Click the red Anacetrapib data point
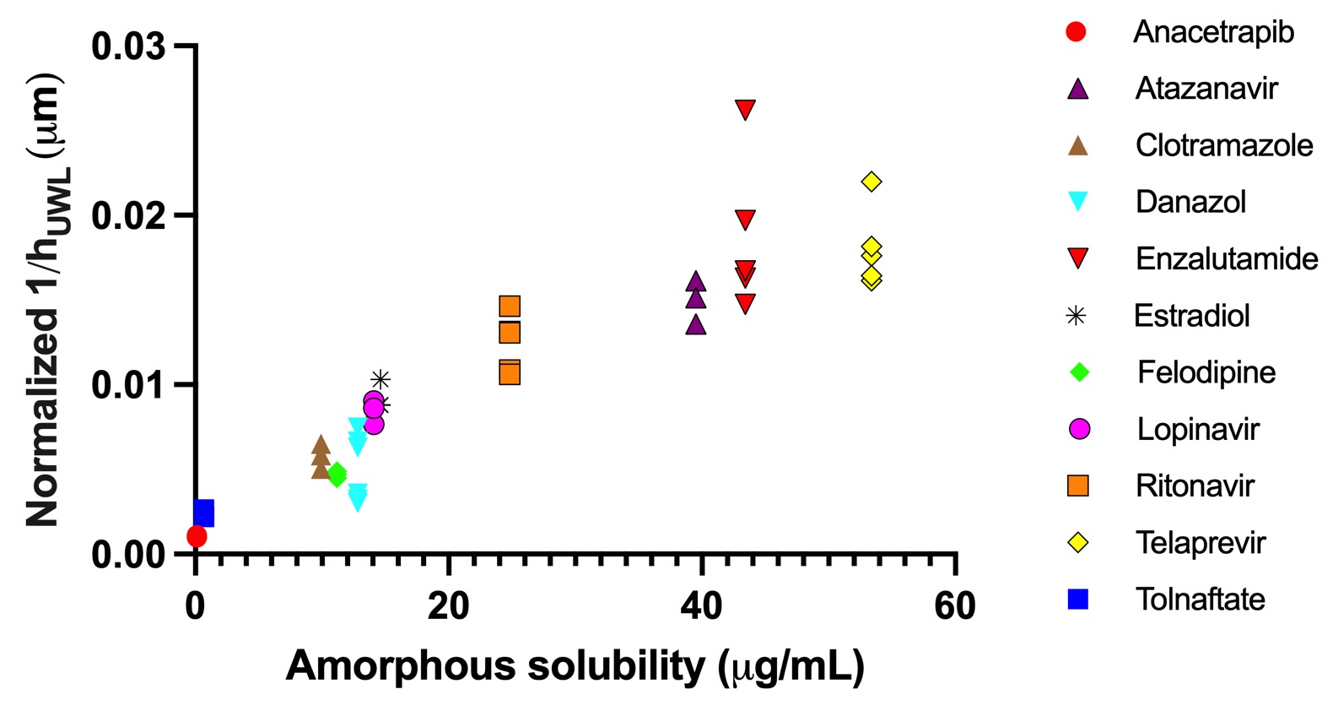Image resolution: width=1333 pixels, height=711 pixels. pos(197,536)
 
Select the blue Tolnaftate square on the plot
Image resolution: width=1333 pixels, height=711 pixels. pos(204,513)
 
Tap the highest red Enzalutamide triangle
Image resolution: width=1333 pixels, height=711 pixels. pos(745,109)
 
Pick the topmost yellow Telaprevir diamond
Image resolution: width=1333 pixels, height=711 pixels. pos(872,182)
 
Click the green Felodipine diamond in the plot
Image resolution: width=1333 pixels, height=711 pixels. pos(337,475)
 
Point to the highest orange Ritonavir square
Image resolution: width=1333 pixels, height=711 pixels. pos(510,306)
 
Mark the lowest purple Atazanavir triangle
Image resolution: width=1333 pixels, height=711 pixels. pos(696,324)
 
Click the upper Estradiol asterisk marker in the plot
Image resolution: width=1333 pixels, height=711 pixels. pos(380,379)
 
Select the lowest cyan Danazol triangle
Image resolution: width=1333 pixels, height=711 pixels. pos(358,501)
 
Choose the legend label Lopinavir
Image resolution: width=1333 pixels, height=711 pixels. pos(1197,429)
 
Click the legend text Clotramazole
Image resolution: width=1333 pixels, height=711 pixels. pos(1223,145)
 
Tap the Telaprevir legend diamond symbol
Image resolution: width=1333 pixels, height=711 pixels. pos(1078,542)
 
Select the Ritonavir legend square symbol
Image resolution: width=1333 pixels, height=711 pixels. pos(1078,486)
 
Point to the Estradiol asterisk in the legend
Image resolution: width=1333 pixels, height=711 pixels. pos(1077,316)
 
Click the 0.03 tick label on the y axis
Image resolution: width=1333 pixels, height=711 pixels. pos(128,46)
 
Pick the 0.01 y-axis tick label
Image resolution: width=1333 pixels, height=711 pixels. pos(128,385)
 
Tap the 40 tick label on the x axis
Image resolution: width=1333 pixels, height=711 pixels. pos(702,605)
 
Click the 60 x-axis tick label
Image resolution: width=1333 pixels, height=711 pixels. pos(955,605)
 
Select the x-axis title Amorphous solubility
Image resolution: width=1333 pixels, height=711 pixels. pos(575,665)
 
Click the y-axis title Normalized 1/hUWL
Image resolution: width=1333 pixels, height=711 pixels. pos(44,300)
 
